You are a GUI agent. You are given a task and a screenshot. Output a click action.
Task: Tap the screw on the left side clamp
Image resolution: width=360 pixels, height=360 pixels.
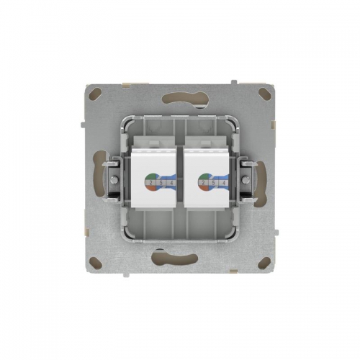click(x=114, y=174)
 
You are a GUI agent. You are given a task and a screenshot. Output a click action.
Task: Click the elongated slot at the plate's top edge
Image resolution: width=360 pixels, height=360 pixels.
click(x=180, y=99)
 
